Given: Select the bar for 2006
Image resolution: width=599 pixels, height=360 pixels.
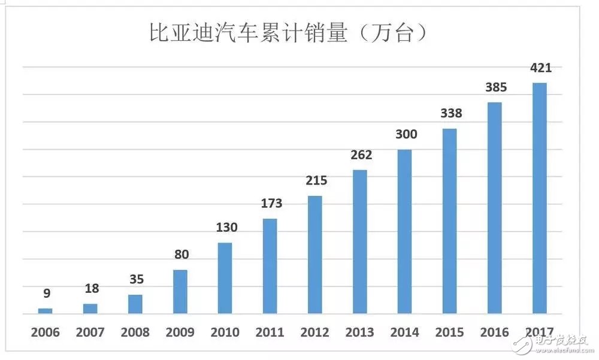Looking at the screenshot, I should pyautogui.click(x=46, y=310).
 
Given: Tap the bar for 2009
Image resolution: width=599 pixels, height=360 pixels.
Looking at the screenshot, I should pyautogui.click(x=180, y=292).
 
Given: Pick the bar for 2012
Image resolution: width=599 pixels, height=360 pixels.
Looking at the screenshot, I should pyautogui.click(x=315, y=255).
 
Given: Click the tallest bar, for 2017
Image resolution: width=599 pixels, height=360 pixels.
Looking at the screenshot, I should pyautogui.click(x=540, y=198).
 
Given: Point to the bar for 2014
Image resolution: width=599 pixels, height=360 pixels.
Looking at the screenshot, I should pyautogui.click(x=405, y=231).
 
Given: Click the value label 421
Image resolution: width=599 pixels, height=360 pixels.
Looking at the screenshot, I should pyautogui.click(x=540, y=68).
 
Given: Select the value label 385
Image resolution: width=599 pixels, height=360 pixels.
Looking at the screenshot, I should pyautogui.click(x=495, y=87).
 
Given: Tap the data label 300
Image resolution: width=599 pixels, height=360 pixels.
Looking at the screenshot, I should pyautogui.click(x=406, y=135).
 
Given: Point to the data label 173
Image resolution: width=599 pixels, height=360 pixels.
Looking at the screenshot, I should pyautogui.click(x=271, y=204).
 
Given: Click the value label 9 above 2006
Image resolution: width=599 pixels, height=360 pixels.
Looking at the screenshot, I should pyautogui.click(x=46, y=294).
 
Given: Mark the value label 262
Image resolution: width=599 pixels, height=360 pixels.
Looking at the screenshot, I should pyautogui.click(x=361, y=155).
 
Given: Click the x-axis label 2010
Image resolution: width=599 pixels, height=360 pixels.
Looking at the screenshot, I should pyautogui.click(x=225, y=332).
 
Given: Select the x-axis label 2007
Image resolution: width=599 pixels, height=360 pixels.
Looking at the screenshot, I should pyautogui.click(x=90, y=332).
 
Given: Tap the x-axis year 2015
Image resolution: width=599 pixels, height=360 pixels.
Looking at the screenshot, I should pyautogui.click(x=450, y=332).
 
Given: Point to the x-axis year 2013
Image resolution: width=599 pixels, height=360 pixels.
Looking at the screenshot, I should pyautogui.click(x=360, y=332).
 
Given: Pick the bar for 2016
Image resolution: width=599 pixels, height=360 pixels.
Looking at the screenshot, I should pyautogui.click(x=495, y=208).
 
